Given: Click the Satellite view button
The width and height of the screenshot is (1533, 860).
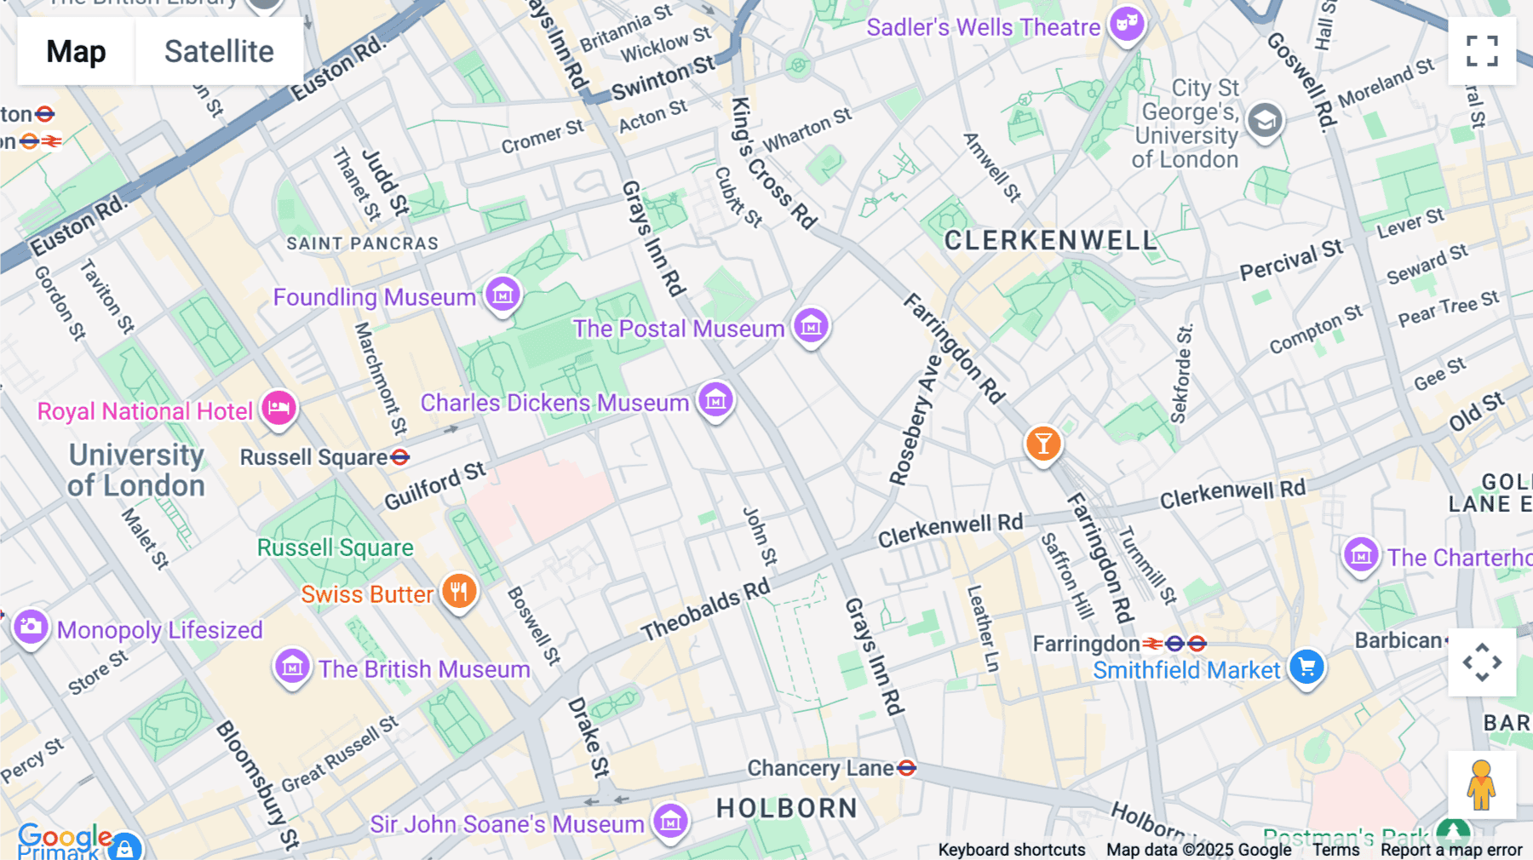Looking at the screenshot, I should [219, 51].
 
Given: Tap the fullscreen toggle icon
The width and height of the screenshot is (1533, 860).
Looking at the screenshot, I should [1482, 51].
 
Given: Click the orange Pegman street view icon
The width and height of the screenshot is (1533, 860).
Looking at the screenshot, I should [1482, 785].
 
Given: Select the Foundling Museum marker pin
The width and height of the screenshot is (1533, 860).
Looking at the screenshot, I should [502, 295].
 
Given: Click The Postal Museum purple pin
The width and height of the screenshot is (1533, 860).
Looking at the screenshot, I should [811, 326].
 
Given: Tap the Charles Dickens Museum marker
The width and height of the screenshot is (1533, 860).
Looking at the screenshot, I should [715, 400].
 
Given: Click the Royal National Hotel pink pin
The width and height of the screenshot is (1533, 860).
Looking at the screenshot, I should [278, 409].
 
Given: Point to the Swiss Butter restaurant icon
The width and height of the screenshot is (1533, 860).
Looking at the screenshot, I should [459, 591].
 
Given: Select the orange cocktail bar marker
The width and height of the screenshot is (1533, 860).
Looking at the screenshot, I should [1042, 444].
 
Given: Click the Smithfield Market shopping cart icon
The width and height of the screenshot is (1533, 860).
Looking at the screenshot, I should [1306, 668].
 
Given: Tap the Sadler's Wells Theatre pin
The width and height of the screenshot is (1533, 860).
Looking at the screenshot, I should [1127, 26].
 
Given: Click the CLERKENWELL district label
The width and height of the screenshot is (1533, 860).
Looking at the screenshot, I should [1051, 241].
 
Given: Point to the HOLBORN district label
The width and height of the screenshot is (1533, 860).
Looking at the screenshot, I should [786, 808].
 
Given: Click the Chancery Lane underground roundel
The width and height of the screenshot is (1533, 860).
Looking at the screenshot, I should [907, 768].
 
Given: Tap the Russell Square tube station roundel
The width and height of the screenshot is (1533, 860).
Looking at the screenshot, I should [399, 457].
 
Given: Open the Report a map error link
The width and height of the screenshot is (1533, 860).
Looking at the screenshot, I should [1450, 850].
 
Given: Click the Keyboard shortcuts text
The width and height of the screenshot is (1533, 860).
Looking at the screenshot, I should [1011, 850].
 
